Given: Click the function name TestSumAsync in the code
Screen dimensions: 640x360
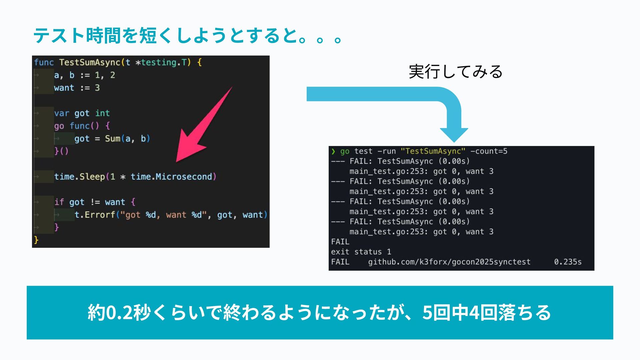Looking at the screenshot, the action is tap(89, 62).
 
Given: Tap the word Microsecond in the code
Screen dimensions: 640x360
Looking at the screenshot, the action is tap(184, 176).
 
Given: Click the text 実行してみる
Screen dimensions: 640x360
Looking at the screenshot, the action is tap(455, 72).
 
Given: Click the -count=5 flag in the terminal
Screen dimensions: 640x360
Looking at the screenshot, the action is tap(489, 151).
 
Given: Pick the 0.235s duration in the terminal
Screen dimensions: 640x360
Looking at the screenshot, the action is tap(568, 262).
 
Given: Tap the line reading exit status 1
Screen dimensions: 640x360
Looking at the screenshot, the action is tap(361, 252).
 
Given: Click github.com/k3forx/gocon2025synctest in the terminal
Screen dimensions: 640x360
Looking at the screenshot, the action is tap(449, 262).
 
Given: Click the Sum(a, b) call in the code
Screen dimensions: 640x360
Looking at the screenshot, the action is tap(127, 139).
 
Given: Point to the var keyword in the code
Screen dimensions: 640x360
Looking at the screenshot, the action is tap(62, 113).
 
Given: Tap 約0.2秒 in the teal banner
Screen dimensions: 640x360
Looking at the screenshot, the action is tap(119, 313).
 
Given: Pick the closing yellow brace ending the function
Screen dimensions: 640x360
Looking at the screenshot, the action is tap(36, 240).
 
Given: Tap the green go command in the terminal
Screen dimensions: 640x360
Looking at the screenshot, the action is tap(345, 151).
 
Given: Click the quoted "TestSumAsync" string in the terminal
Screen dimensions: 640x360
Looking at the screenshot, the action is tap(433, 151).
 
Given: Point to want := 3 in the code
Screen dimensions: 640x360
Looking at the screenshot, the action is tap(77, 88).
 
